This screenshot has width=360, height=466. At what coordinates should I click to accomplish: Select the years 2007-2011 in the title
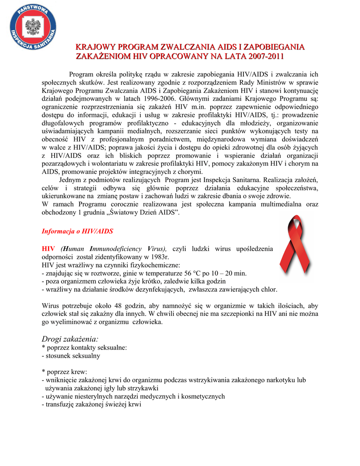tap(259, 56)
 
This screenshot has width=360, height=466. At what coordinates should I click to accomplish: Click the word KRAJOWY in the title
tap(95, 47)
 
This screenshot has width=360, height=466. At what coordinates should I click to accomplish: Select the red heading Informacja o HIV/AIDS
tap(77, 231)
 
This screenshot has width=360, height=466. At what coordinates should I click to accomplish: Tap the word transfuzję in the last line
tap(61, 405)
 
